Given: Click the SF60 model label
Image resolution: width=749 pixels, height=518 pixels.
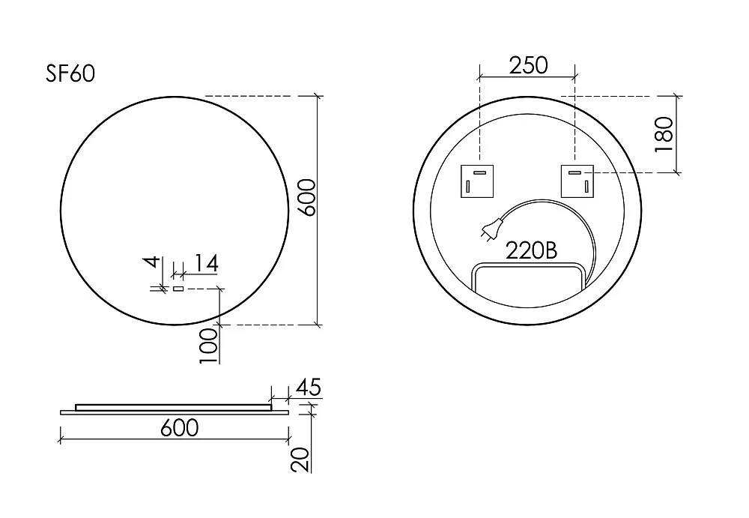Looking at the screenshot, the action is click(x=70, y=73).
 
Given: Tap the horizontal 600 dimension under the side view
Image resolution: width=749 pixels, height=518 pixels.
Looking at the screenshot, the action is click(x=179, y=427).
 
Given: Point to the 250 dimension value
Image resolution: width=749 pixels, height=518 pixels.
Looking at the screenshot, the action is click(x=528, y=65).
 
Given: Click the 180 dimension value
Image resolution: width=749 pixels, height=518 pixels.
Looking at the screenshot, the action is click(x=664, y=134).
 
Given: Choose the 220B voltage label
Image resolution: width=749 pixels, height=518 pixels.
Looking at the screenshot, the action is click(x=531, y=250).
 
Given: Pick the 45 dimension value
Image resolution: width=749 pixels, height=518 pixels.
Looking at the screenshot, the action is click(x=309, y=387).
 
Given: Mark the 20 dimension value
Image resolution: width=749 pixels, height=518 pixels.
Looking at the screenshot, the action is click(x=300, y=460).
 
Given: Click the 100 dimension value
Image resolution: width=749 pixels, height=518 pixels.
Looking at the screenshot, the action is click(x=208, y=346).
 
